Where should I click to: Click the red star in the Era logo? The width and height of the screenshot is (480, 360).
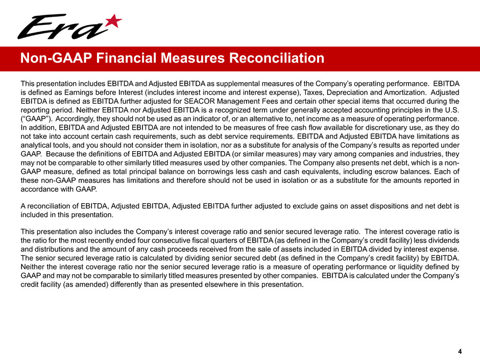[114, 21]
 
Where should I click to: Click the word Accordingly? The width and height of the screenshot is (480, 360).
[69, 120]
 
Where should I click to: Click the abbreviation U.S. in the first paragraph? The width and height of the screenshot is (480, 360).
[453, 111]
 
